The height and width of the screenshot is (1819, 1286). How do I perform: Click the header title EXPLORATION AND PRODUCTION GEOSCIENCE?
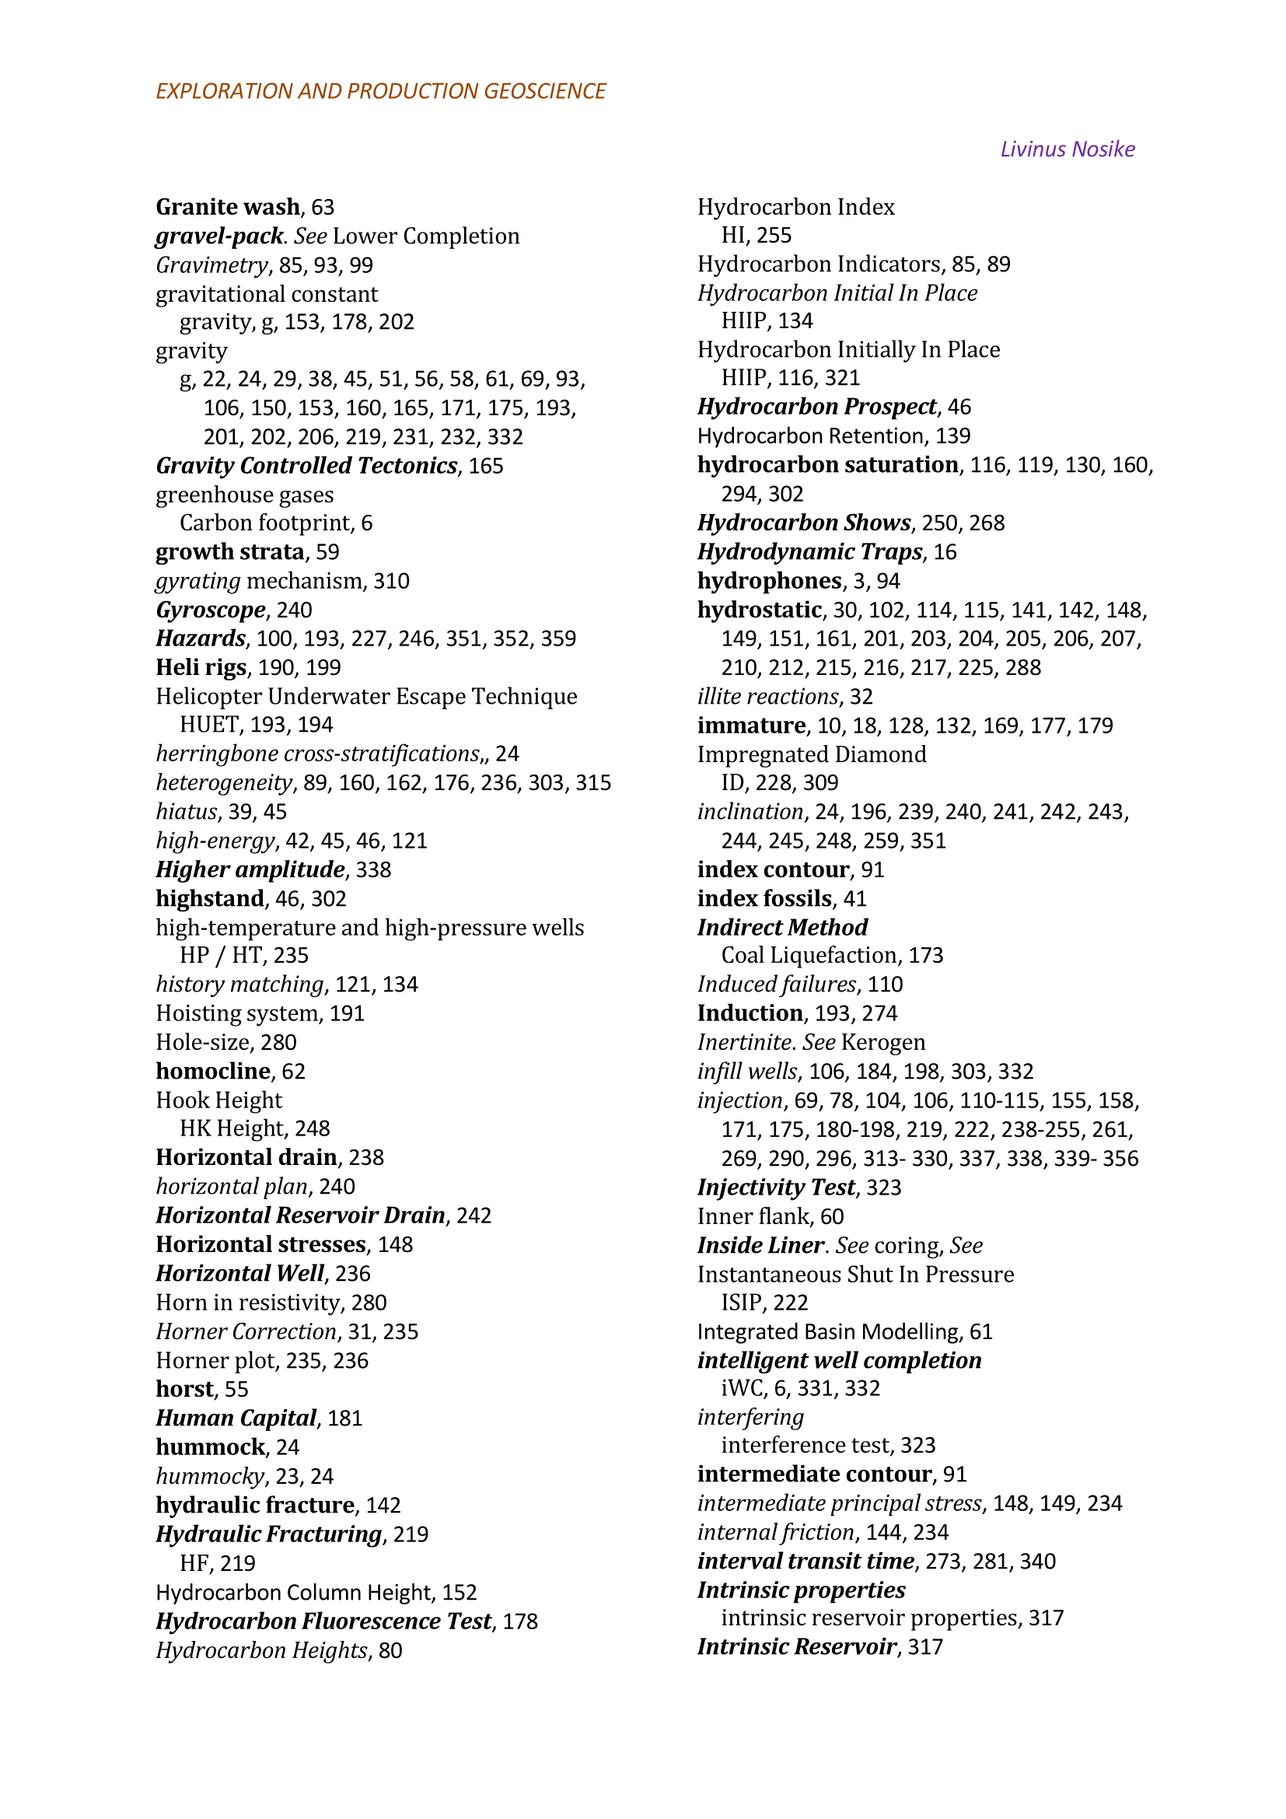pos(380,91)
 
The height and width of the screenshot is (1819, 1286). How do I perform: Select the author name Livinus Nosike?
pos(1067,149)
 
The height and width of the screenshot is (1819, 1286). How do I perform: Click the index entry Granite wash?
pos(227,207)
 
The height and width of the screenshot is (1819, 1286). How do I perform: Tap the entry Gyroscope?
pos(210,610)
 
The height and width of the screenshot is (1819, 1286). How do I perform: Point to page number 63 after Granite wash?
pos(323,208)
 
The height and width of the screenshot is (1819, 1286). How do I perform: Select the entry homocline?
pos(213,1071)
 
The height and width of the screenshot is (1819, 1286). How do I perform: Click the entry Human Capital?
pos(236,1418)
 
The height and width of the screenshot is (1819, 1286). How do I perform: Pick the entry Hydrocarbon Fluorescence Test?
pos(323,1621)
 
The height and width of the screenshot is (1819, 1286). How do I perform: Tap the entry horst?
pos(184,1389)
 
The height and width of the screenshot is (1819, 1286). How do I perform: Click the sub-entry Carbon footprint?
pos(264,523)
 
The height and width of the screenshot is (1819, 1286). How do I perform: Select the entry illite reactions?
pos(767,696)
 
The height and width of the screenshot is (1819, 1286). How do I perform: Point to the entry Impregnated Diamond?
pos(811,754)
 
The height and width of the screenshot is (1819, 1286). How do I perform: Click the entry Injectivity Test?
pos(775,1187)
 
